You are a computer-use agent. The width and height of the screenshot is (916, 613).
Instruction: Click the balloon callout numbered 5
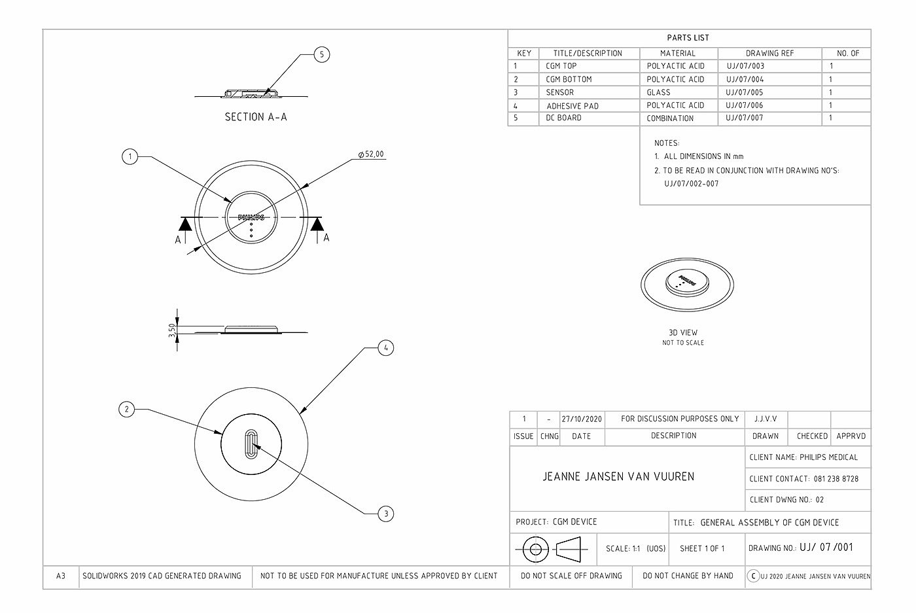click(321, 54)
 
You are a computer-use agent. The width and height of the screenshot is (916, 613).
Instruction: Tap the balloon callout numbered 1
click(130, 156)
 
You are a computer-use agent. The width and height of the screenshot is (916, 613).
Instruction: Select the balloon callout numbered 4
click(386, 348)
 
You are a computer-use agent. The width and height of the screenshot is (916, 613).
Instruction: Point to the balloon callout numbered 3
click(386, 514)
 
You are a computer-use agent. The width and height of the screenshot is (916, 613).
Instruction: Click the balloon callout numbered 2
click(127, 410)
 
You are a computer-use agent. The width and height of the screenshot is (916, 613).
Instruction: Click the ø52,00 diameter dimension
click(371, 155)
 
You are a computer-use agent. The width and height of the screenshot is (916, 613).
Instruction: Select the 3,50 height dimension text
click(172, 331)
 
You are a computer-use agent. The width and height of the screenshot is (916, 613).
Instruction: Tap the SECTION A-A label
click(256, 118)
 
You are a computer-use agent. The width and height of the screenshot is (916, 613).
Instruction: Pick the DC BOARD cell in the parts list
click(563, 118)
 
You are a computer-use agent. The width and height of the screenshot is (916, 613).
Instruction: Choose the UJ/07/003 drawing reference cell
click(745, 66)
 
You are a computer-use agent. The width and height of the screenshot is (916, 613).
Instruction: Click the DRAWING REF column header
click(769, 53)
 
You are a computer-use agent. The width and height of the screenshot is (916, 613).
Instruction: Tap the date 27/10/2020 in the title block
click(582, 419)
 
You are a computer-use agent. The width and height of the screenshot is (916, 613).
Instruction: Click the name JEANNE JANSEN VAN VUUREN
click(618, 476)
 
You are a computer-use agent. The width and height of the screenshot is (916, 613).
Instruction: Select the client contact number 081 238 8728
click(836, 479)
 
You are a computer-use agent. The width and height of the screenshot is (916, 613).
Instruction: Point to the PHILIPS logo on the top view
click(251, 217)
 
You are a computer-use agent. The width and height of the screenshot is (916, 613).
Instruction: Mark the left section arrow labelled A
click(185, 226)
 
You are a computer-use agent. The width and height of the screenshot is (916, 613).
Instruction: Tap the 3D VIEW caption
click(683, 332)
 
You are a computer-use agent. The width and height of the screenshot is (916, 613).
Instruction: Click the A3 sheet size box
click(61, 576)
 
